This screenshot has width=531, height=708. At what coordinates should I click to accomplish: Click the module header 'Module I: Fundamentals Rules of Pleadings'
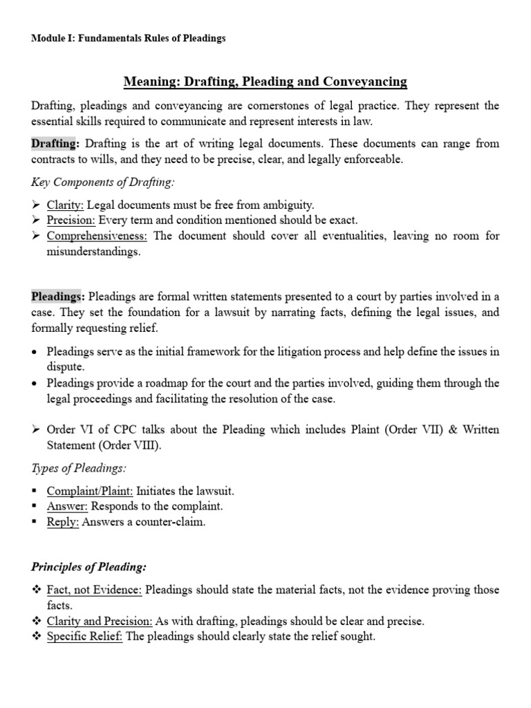(x=129, y=39)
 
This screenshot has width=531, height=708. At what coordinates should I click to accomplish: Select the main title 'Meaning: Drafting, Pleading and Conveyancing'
(x=265, y=82)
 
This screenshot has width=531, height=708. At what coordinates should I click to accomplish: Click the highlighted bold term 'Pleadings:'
(x=59, y=297)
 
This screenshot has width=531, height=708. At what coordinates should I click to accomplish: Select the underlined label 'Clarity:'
(x=66, y=205)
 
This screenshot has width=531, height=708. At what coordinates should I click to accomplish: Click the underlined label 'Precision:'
(x=71, y=221)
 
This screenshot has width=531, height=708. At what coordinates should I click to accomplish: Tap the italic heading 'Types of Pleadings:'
(x=77, y=469)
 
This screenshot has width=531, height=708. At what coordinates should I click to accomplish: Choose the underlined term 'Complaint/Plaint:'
(x=90, y=491)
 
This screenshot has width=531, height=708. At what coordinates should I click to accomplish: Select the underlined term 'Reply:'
(x=63, y=522)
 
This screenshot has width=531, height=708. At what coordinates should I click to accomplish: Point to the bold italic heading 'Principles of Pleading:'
(x=88, y=567)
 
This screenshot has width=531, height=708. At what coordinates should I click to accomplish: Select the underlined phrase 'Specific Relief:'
(x=85, y=637)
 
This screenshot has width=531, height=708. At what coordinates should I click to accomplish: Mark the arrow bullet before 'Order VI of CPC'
(x=36, y=430)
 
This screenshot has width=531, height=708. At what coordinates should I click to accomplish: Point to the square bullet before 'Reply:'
(x=36, y=522)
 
